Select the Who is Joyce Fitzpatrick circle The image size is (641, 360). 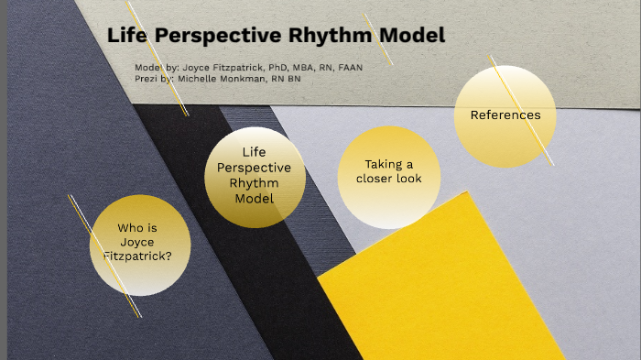(139, 245)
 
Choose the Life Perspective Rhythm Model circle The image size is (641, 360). (255, 177)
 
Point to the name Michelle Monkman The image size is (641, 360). (219, 80)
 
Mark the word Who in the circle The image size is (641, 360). (132, 228)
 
